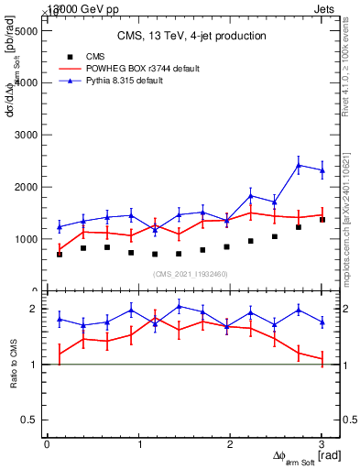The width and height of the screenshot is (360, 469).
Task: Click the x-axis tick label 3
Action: [322, 445]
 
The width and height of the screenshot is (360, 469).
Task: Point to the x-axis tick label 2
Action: [230, 445]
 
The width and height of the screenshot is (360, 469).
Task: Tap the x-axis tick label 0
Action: [47, 445]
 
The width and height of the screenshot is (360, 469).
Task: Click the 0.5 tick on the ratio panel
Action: [30, 420]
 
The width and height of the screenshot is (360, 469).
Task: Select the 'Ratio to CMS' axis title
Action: [13, 365]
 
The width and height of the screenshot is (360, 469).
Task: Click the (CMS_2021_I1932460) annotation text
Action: [191, 274]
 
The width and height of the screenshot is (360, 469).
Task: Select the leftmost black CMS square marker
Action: [60, 254]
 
